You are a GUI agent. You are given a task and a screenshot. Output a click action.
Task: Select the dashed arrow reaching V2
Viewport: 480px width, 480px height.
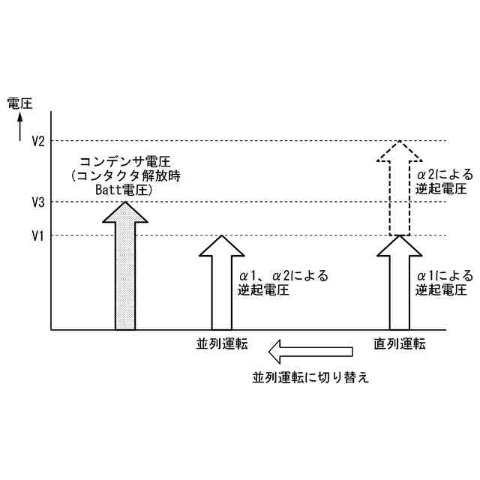400,187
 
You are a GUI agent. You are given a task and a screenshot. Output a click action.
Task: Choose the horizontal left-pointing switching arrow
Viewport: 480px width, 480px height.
311,350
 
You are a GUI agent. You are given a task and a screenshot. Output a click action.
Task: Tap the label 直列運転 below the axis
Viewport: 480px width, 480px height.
400,345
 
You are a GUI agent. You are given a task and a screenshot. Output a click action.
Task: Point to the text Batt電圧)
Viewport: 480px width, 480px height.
124,190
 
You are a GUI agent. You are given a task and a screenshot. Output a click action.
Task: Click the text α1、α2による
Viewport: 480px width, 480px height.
283,275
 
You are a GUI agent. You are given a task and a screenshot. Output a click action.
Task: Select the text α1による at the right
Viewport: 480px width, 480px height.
445,275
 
